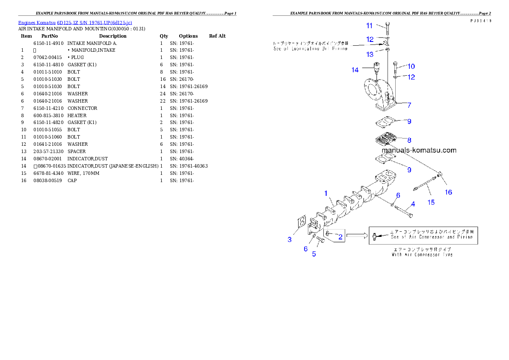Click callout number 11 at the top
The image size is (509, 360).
coord(369,26)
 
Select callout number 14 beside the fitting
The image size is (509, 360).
coord(355,70)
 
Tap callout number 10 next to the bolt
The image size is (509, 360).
coord(411,66)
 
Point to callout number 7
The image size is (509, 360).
coord(409,105)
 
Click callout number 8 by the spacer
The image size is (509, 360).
coord(409,140)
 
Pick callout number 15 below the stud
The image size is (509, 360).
coord(431,202)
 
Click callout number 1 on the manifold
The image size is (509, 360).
coord(326,193)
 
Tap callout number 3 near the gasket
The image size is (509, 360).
coord(290,239)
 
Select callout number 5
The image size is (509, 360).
coord(314,254)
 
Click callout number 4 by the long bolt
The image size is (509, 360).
coord(413,204)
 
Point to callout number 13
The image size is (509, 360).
coord(370,55)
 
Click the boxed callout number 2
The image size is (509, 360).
coord(340,236)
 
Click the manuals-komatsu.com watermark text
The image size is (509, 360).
coord(419,150)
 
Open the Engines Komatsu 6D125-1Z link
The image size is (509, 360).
coord(75,23)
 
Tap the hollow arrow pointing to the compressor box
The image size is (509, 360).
coord(357,235)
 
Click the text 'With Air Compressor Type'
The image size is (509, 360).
coord(422,254)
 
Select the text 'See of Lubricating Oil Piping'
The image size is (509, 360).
coord(310,49)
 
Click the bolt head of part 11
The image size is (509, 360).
coord(387,24)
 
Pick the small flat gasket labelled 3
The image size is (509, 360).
coord(300,224)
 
